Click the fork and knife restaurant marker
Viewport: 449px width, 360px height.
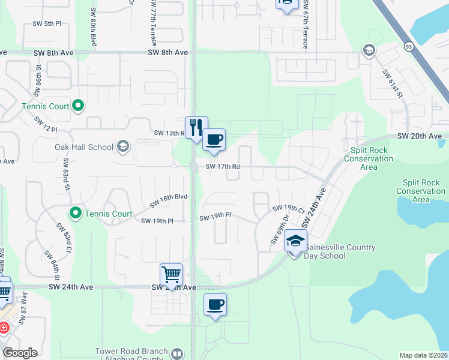tap(196, 127)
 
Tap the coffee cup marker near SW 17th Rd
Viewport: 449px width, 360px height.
tap(214, 140)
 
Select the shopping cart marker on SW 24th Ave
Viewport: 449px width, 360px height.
tap(172, 275)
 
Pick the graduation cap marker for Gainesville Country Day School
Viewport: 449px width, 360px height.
tap(295, 241)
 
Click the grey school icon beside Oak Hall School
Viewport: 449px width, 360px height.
tap(123, 146)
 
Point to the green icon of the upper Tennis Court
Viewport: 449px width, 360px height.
tap(77, 107)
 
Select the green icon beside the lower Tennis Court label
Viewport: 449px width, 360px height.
tap(76, 213)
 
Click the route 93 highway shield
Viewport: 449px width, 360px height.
tap(408, 46)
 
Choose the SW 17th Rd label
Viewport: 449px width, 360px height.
tap(223, 167)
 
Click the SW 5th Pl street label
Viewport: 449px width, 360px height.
tap(47, 24)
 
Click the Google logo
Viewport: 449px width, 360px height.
tap(20, 353)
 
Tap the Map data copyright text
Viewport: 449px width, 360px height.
tap(424, 355)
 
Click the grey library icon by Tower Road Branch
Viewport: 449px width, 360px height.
tap(177, 354)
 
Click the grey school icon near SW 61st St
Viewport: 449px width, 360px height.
tap(369, 50)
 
